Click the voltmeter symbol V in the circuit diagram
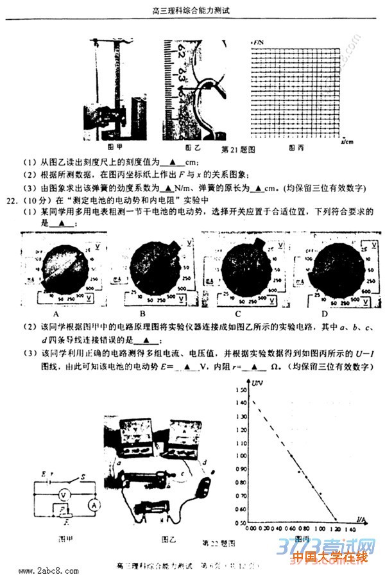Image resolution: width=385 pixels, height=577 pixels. click(63, 495)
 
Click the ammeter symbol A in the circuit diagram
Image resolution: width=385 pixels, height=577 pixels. click(95, 505)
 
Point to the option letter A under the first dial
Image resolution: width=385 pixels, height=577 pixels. click(56, 314)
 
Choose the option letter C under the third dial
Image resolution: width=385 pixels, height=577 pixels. click(237, 314)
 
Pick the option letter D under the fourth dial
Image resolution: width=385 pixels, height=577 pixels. click(325, 314)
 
